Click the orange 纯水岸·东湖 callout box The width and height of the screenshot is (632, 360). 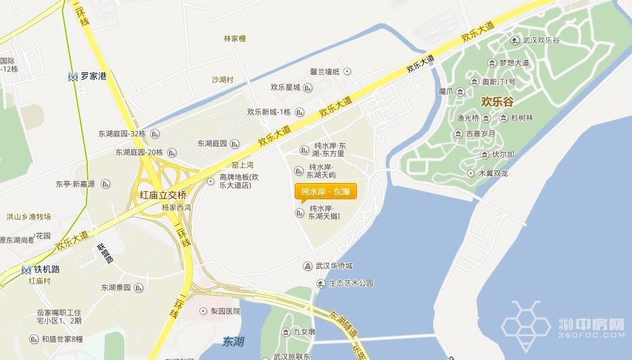click(326, 192)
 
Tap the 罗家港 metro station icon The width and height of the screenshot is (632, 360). click(72, 77)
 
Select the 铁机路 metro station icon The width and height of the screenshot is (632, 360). click(26, 269)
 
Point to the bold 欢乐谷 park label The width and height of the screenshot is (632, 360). click(497, 101)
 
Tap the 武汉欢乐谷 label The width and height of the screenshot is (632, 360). click(541, 41)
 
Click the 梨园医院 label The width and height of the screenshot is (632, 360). click(225, 311)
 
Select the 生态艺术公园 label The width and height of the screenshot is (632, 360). click(351, 283)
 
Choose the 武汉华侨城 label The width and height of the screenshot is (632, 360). click(334, 265)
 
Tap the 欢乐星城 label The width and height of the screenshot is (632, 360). click(285, 87)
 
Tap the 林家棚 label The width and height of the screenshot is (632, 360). click(235, 38)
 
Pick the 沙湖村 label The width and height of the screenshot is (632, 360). click(222, 80)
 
